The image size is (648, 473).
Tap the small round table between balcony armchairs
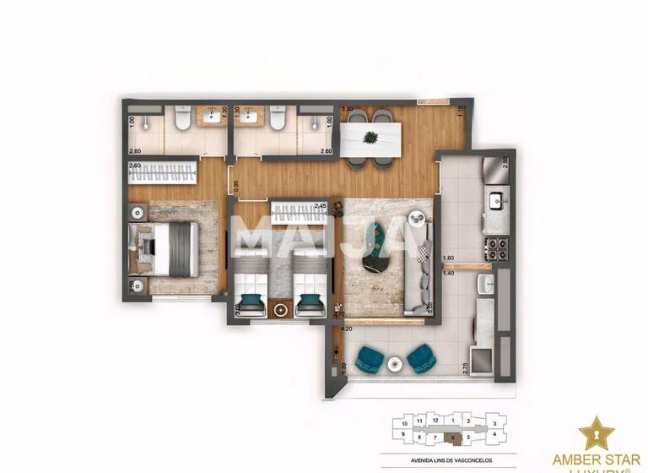[x=395, y=363]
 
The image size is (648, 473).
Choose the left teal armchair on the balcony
[x=368, y=361]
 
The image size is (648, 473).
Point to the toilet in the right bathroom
[x=276, y=123]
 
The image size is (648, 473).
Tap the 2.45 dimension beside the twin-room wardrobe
[x=321, y=205]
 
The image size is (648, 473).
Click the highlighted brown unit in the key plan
[x=456, y=438]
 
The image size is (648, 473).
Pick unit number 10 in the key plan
[x=405, y=421]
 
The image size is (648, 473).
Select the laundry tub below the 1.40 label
[x=483, y=284]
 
